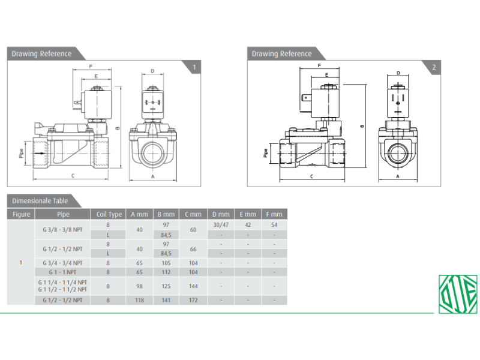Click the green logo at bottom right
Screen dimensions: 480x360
(458, 294)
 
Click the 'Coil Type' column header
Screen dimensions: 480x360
(109, 214)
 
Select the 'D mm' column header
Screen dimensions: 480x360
(221, 214)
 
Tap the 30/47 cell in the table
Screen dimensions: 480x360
(221, 224)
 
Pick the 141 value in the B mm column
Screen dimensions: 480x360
(166, 300)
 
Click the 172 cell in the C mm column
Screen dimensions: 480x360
(193, 300)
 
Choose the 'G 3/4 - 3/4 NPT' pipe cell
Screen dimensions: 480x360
(62, 263)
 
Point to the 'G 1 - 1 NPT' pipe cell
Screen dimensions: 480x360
(62, 272)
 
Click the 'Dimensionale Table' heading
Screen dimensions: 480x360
(40, 201)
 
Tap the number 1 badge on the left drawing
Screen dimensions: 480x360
(194, 67)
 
